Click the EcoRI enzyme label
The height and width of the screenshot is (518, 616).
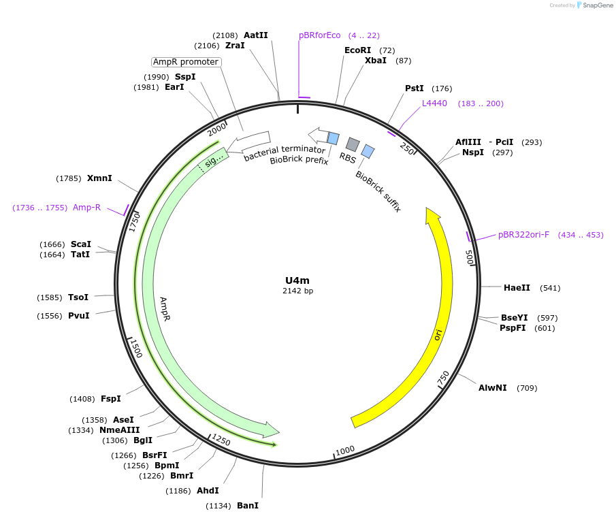(x=357, y=50)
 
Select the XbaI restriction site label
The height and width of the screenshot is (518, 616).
(x=375, y=61)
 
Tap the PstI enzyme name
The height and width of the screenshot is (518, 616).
(x=414, y=88)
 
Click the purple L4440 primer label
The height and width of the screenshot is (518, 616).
(x=434, y=103)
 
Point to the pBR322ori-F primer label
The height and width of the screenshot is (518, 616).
(x=523, y=235)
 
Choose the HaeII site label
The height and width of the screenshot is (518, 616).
(x=517, y=288)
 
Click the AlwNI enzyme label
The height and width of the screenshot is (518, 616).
(x=492, y=388)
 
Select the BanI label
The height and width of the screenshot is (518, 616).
(x=248, y=506)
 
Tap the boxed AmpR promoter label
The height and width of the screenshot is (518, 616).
(x=186, y=62)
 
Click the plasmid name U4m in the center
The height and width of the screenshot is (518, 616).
(x=298, y=280)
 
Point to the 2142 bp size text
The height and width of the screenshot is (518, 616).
(x=298, y=291)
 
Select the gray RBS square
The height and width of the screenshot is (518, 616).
(x=353, y=144)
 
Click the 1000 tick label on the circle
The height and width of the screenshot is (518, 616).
(x=345, y=450)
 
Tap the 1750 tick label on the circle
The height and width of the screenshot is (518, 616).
(x=135, y=221)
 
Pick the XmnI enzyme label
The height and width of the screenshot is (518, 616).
(x=99, y=178)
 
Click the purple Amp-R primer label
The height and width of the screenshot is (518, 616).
(x=86, y=208)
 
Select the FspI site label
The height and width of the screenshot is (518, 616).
(x=110, y=399)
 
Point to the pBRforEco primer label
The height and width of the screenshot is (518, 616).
(x=319, y=35)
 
